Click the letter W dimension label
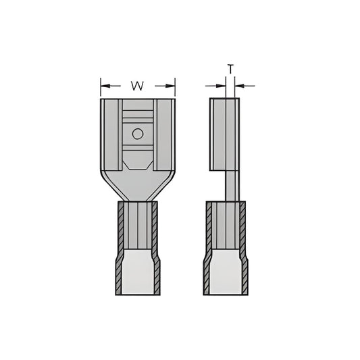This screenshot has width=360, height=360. tap(137, 86)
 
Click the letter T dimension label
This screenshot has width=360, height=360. tap(230, 69)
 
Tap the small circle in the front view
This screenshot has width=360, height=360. tap(138, 134)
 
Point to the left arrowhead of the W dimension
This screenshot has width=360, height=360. tap(105, 86)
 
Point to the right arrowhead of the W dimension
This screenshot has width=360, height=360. tap(171, 86)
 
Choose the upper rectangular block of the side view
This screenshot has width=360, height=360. tap(225, 134)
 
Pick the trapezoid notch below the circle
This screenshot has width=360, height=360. tap(138, 161)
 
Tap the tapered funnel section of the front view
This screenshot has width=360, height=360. tap(138, 186)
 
